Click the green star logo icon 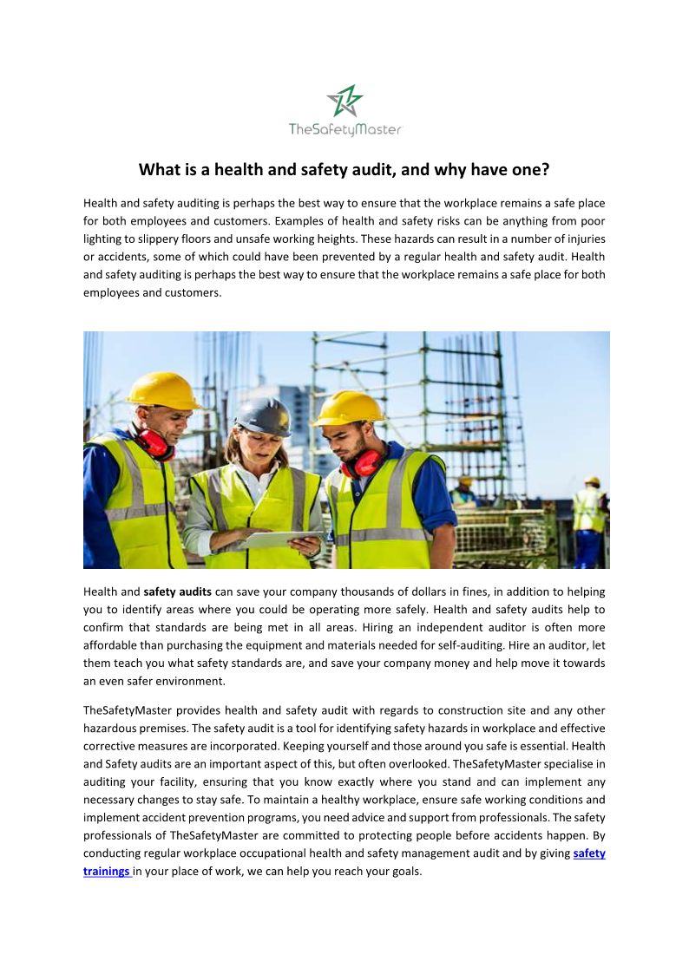pos(344,101)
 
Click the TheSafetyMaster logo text pos(344,129)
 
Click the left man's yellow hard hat pos(163,390)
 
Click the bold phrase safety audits pos(177,592)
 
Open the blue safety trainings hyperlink pos(589,853)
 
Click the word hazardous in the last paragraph pos(110,729)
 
